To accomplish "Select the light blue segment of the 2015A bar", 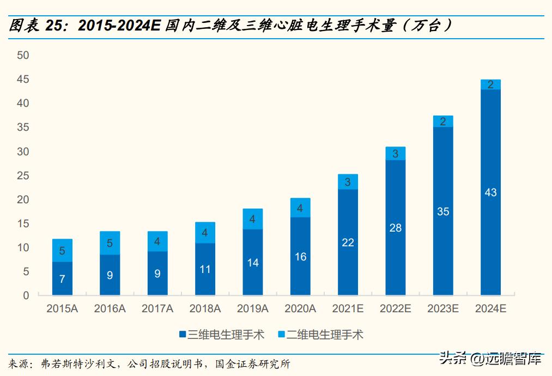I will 62,251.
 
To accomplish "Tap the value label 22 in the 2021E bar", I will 348,242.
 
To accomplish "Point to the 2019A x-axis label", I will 252,309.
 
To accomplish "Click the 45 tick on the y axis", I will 22,80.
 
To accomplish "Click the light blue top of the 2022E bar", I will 395,154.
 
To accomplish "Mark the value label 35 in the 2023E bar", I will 443,211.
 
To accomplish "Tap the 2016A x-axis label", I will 110,309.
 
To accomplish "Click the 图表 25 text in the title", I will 41,26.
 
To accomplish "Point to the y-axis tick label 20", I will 22,199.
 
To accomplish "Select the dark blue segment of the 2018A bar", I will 205,269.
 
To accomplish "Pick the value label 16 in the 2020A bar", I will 300,257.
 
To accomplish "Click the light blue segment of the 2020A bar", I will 300,208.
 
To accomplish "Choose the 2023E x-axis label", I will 443,309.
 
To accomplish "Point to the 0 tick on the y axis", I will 25,295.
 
